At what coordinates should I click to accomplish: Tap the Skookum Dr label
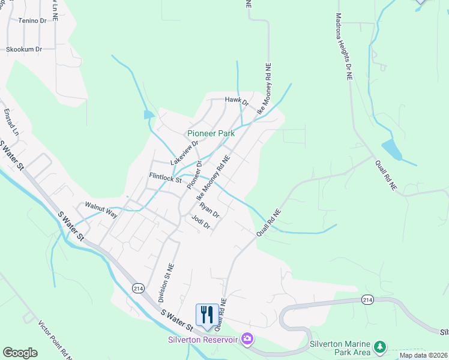(25, 49)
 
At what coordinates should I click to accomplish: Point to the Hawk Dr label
(237, 100)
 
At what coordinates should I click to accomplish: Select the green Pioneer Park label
(211, 133)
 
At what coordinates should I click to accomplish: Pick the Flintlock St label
(165, 177)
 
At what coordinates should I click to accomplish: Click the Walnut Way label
(101, 205)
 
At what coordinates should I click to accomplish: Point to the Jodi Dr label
(200, 223)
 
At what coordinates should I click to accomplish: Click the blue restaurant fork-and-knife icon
(207, 314)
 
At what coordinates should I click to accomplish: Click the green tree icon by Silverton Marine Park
(379, 347)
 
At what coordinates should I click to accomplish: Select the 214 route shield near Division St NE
(138, 288)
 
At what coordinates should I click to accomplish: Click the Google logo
(20, 353)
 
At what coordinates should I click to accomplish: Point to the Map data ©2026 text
(422, 355)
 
